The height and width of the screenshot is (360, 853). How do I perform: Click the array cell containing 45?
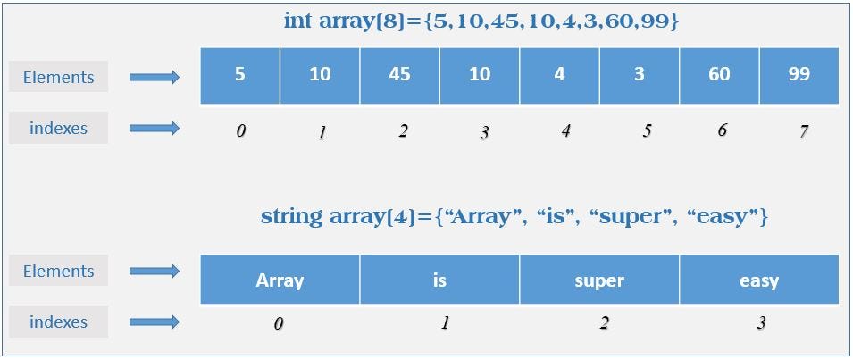point(400,75)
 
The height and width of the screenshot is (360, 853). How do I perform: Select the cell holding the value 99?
point(799,75)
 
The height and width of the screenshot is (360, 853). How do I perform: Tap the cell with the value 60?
point(719,75)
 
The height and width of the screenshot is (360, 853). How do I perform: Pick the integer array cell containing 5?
point(240,75)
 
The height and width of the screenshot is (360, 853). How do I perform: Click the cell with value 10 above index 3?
point(480,75)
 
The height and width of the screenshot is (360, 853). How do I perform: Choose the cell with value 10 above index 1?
point(320,75)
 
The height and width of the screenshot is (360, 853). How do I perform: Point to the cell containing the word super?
point(599,280)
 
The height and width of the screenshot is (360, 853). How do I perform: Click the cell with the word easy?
point(759,280)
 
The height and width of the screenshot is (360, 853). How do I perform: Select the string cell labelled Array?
point(280,280)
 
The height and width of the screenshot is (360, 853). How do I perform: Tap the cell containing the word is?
point(439,280)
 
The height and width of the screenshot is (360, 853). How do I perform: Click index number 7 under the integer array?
point(804,131)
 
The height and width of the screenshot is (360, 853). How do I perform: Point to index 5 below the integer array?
point(646,130)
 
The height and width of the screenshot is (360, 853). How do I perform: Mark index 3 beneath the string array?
point(761,323)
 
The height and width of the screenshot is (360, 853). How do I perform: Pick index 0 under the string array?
point(279,323)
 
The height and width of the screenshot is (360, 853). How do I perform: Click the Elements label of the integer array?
point(59,77)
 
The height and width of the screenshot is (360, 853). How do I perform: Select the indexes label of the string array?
point(59,322)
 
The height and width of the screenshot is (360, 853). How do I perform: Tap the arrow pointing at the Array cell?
point(155,272)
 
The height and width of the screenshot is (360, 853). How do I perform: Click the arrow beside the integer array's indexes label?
point(155,129)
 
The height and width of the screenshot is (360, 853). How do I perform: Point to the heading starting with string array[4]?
point(514,216)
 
